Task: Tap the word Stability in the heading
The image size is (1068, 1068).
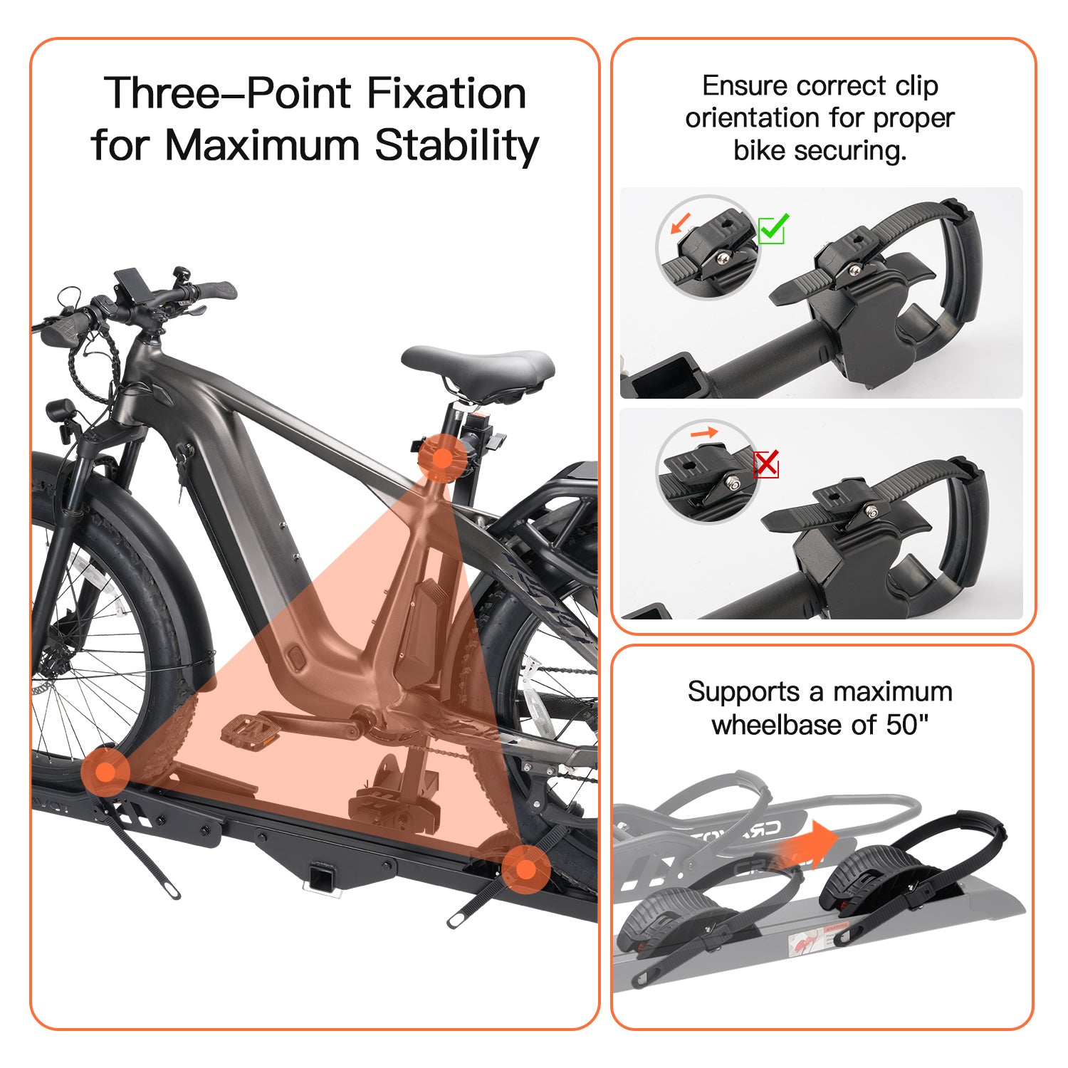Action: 456,146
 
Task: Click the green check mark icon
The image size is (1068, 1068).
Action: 773,229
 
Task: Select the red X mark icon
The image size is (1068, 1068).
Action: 766,464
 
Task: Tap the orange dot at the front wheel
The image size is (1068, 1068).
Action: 105,772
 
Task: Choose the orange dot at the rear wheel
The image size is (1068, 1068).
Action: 525,869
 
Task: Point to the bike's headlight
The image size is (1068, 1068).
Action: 60,413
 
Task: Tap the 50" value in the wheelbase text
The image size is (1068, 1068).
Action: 908,725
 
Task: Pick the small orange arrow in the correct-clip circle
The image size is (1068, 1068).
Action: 681,223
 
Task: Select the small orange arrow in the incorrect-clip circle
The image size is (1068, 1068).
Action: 704,432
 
